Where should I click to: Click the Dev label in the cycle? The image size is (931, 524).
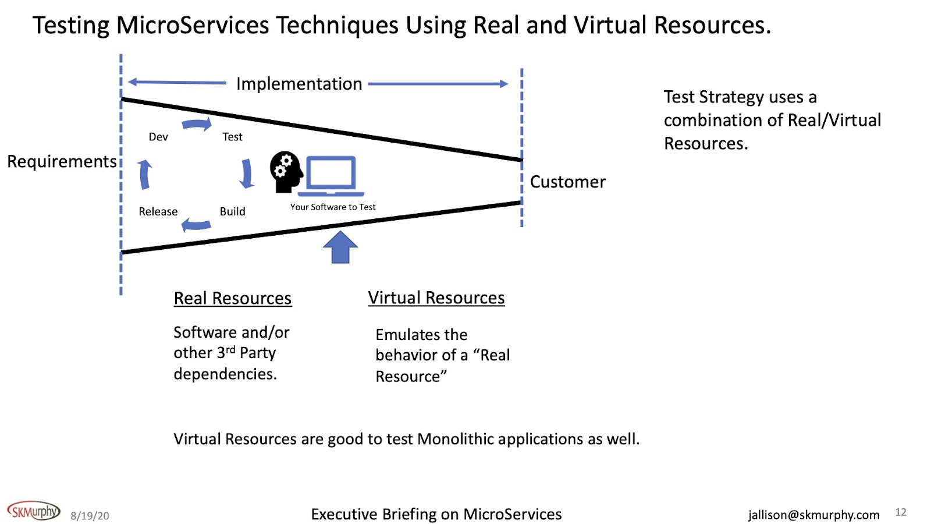tap(158, 137)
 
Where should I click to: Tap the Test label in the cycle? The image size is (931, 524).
tap(232, 137)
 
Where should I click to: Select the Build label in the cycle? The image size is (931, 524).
tap(232, 211)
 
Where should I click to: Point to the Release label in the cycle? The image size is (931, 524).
tap(158, 211)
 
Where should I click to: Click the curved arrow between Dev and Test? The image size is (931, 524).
tap(197, 124)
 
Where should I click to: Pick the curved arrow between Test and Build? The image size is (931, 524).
tap(247, 174)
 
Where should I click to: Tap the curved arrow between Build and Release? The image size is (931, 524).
tap(196, 224)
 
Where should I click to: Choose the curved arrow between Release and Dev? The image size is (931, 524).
tap(145, 174)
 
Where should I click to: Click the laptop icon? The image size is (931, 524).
tap(331, 176)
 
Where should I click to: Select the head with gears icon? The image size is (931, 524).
tap(286, 172)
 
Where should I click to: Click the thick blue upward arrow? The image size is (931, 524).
tap(340, 247)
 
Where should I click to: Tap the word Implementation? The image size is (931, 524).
tap(299, 84)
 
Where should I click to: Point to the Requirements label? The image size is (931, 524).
tap(62, 161)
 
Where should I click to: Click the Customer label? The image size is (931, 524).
tap(568, 182)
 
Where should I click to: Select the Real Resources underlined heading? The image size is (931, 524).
tap(233, 298)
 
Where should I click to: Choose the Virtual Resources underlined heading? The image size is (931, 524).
tap(436, 298)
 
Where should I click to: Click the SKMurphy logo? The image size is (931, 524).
tap(34, 511)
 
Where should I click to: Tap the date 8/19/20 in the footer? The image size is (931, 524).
tap(90, 516)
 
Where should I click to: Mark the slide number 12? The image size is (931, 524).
tap(901, 512)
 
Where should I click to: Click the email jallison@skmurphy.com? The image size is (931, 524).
tap(813, 515)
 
